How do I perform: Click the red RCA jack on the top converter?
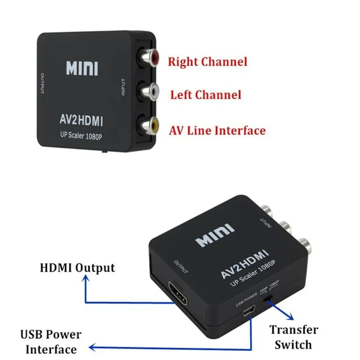pyautogui.click(x=152, y=58)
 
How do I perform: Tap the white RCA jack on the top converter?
pyautogui.click(x=152, y=92)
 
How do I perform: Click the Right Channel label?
pyautogui.click(x=208, y=62)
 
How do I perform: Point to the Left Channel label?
pyautogui.click(x=206, y=95)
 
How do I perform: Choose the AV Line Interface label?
pyautogui.click(x=217, y=130)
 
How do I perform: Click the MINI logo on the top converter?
pyautogui.click(x=82, y=68)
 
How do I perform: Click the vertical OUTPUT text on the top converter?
pyautogui.click(x=42, y=84)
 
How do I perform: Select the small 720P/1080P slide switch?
pyautogui.click(x=267, y=298)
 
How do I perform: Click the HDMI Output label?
pyautogui.click(x=77, y=268)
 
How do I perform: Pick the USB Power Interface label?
pyautogui.click(x=51, y=342)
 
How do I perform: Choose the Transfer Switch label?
pyautogui.click(x=294, y=337)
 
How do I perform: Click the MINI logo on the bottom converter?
pyautogui.click(x=215, y=235)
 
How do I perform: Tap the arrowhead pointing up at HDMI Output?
pyautogui.click(x=86, y=278)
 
